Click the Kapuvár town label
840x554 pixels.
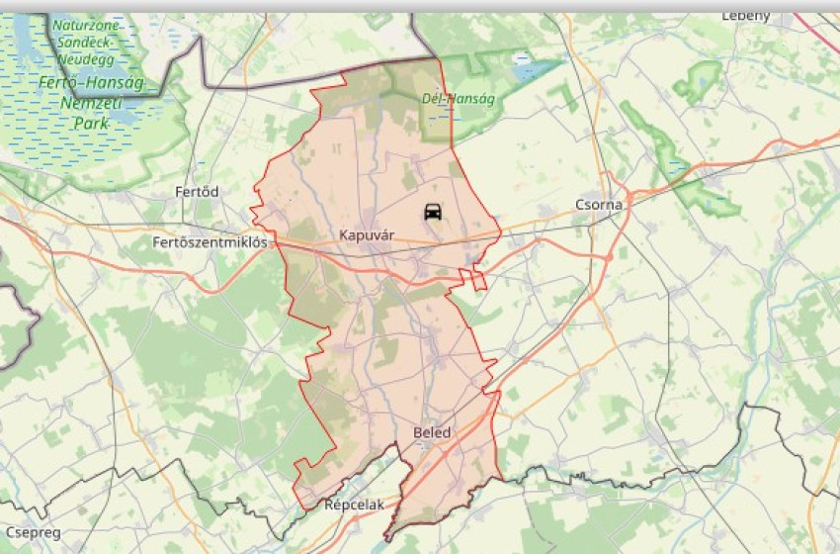pos(367,235)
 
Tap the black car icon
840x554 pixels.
pos(433,212)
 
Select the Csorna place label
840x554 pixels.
pos(599,205)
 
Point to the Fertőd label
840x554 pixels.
pos(197,191)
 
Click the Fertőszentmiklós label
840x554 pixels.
pos(210,242)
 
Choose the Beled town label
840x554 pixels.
pos(431,433)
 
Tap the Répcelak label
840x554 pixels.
pos(354,505)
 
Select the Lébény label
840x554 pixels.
pos(745,16)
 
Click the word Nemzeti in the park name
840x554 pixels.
pos(91,103)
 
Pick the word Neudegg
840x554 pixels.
pos(85,59)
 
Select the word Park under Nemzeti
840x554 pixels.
pos(91,124)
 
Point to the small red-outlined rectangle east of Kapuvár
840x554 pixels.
pos(479,279)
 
